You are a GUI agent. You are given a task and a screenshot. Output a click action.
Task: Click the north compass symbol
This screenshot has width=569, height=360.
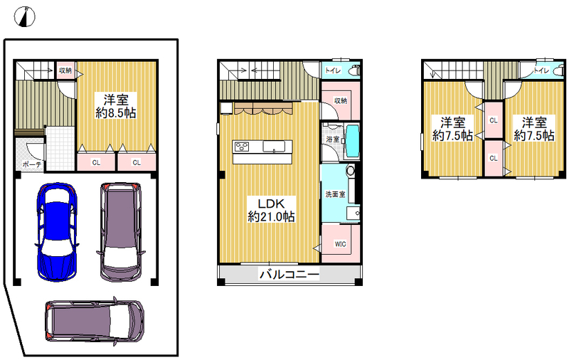coord(25,16)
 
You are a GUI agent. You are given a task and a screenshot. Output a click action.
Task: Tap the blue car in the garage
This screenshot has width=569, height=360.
coord(57,232)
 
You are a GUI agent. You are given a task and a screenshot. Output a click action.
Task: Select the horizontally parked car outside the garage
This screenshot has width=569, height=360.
coord(95,320)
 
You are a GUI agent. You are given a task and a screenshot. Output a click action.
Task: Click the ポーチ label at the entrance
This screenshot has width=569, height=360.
coord(32,164)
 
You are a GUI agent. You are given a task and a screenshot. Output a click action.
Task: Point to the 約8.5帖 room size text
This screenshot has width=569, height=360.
coord(116,113)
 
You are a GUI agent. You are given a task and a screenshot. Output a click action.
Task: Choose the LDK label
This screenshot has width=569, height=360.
coord(271,203)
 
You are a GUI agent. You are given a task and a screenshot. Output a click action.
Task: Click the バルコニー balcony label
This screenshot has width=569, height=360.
coord(289,275)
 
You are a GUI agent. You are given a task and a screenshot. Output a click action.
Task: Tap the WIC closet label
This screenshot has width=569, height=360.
coord(340,244)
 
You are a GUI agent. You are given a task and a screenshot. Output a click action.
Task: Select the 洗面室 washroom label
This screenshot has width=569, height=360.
coord(335,194)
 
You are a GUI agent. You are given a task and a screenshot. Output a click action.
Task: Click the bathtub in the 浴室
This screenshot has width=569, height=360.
coord(352,141)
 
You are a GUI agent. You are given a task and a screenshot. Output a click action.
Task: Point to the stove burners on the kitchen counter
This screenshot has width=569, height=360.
coord(242,147)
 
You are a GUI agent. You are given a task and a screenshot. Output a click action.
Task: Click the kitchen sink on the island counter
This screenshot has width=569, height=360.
coord(274,147)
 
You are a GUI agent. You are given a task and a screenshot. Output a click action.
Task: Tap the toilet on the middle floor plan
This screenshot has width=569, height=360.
coord(353,70)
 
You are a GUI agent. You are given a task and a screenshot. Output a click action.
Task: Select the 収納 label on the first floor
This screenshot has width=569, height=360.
coord(65,70)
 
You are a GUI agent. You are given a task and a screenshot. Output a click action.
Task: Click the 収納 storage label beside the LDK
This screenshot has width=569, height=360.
coord(341,100)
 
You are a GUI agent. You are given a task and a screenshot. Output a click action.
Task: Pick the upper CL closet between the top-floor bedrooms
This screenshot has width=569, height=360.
coord(494,120)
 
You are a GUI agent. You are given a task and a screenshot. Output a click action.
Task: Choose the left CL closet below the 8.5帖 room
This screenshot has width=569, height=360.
coord(96,162)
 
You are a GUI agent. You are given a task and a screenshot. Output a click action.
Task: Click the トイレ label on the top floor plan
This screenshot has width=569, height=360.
coord(541,70)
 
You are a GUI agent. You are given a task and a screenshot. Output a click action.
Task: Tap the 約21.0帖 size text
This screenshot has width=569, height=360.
coord(271,217)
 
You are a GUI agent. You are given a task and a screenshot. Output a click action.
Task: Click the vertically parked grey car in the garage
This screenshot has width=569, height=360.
coord(120,232)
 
